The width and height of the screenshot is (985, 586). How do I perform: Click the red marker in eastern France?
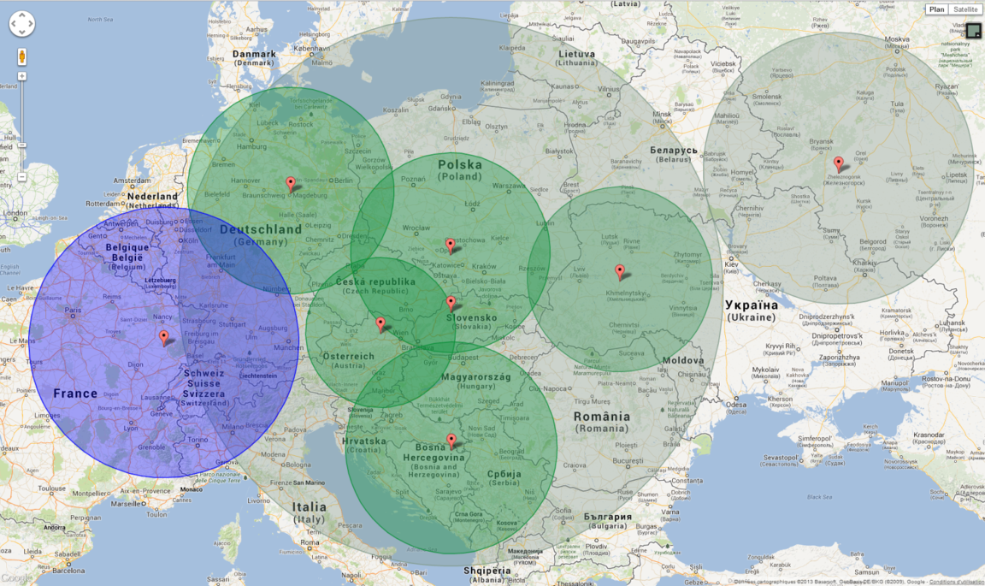tap(163, 337)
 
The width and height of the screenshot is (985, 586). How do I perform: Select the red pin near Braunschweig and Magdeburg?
tap(291, 183)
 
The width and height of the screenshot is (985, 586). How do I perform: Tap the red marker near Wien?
tap(380, 323)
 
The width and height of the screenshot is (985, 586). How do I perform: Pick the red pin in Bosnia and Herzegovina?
tap(451, 441)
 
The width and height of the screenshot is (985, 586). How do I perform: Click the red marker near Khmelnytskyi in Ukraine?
tap(620, 271)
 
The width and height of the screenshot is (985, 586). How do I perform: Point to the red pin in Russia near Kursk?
tap(838, 163)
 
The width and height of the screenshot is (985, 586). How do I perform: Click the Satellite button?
tap(965, 9)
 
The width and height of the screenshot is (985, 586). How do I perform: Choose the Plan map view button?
tap(937, 9)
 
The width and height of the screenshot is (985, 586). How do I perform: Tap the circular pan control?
tap(21, 24)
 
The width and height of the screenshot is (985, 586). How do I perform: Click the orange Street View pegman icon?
tap(21, 57)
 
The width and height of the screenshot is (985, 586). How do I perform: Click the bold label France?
tap(75, 394)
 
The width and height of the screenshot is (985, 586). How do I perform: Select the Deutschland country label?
tap(260, 229)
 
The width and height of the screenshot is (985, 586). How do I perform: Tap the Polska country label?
tap(460, 164)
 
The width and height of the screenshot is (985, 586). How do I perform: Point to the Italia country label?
tap(309, 506)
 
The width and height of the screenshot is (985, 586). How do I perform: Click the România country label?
tap(602, 417)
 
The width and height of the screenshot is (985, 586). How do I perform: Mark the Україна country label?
tap(752, 305)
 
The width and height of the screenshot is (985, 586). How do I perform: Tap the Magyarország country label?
tap(475, 376)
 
